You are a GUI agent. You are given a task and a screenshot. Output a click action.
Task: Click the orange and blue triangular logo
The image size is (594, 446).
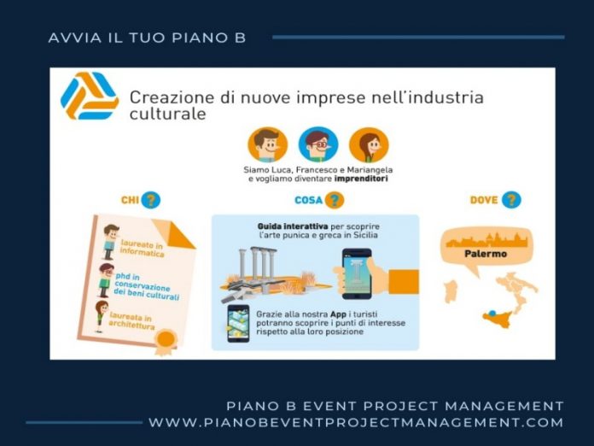coord(90,97)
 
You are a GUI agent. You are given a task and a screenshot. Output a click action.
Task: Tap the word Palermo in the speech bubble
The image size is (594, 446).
coord(486,254)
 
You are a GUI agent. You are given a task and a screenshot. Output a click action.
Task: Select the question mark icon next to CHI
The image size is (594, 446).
coord(150,200)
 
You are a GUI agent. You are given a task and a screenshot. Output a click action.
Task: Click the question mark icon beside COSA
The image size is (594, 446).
coord(335,200)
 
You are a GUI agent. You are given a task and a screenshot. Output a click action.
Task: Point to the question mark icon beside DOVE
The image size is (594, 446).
coord(510,200)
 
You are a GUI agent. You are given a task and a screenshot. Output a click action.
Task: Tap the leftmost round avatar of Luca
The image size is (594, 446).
coord(266,145)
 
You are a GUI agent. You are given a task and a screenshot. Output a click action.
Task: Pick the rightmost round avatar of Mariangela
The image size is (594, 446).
coord(368,145)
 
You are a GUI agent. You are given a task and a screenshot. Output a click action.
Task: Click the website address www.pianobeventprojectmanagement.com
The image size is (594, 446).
coord(356,422)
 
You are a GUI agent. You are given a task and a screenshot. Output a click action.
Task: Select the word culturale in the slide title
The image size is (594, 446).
coord(167,114)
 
